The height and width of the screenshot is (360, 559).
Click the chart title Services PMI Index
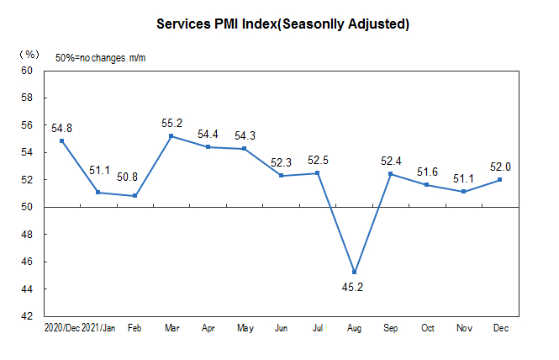pyautogui.click(x=283, y=24)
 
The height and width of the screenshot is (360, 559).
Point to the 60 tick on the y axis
pyautogui.click(x=26, y=71)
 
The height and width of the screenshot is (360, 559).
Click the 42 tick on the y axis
pyautogui.click(x=26, y=316)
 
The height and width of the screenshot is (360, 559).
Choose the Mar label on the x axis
pyautogui.click(x=171, y=327)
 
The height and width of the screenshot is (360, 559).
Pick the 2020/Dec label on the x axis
pyautogui.click(x=61, y=327)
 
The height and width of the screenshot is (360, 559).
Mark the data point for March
pyautogui.click(x=171, y=136)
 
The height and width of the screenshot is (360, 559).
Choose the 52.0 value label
pyautogui.click(x=500, y=167)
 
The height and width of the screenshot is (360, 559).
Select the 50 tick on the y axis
pyautogui.click(x=26, y=207)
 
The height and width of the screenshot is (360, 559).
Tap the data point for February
pyautogui.click(x=134, y=196)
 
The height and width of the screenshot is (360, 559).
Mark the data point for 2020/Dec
pyautogui.click(x=61, y=140)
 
